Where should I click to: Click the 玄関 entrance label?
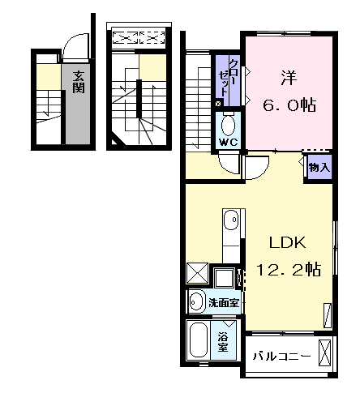pos(79,82)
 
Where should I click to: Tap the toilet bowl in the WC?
pos(228,125)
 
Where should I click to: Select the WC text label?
pos(229,143)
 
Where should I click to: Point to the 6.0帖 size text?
pos(289,105)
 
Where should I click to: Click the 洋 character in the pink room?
pos(289,78)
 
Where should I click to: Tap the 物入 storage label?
pos(319,168)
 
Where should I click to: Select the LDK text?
pos(288,242)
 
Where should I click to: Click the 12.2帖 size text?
pos(289,269)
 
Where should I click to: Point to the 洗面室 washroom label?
pos(224,303)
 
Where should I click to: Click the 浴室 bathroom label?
pos(223,343)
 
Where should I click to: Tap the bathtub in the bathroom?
pos(199,340)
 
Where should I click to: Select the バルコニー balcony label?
pos(281,357)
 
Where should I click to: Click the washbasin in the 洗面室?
pos(196,301)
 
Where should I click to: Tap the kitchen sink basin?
pos(231,220)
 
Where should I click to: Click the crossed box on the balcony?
pos(324,352)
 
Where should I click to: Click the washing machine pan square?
pos(224,278)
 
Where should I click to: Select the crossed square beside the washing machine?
pos(197,273)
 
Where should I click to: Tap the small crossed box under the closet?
pos(218,103)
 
